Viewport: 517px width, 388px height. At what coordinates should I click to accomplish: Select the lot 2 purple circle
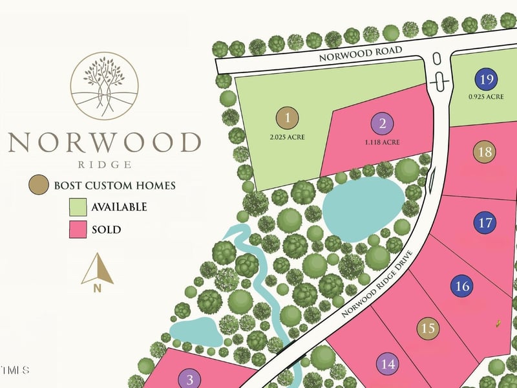tap(382, 124)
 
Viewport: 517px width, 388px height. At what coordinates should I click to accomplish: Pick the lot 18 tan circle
tap(485, 152)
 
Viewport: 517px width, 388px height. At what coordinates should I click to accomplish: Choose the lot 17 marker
tap(486, 223)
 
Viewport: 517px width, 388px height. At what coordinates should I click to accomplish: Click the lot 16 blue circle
tap(462, 286)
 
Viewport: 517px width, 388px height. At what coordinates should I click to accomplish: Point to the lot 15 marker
tap(428, 329)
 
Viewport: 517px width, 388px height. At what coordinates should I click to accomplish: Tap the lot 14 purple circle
tap(388, 365)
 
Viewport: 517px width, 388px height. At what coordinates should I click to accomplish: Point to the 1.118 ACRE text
tap(382, 142)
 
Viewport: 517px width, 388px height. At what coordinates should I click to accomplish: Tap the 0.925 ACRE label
tap(486, 97)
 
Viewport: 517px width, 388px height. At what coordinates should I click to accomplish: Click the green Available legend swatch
tap(78, 207)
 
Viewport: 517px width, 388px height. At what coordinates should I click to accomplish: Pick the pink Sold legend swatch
tap(78, 230)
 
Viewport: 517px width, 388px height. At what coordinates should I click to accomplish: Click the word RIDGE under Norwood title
tap(104, 164)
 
